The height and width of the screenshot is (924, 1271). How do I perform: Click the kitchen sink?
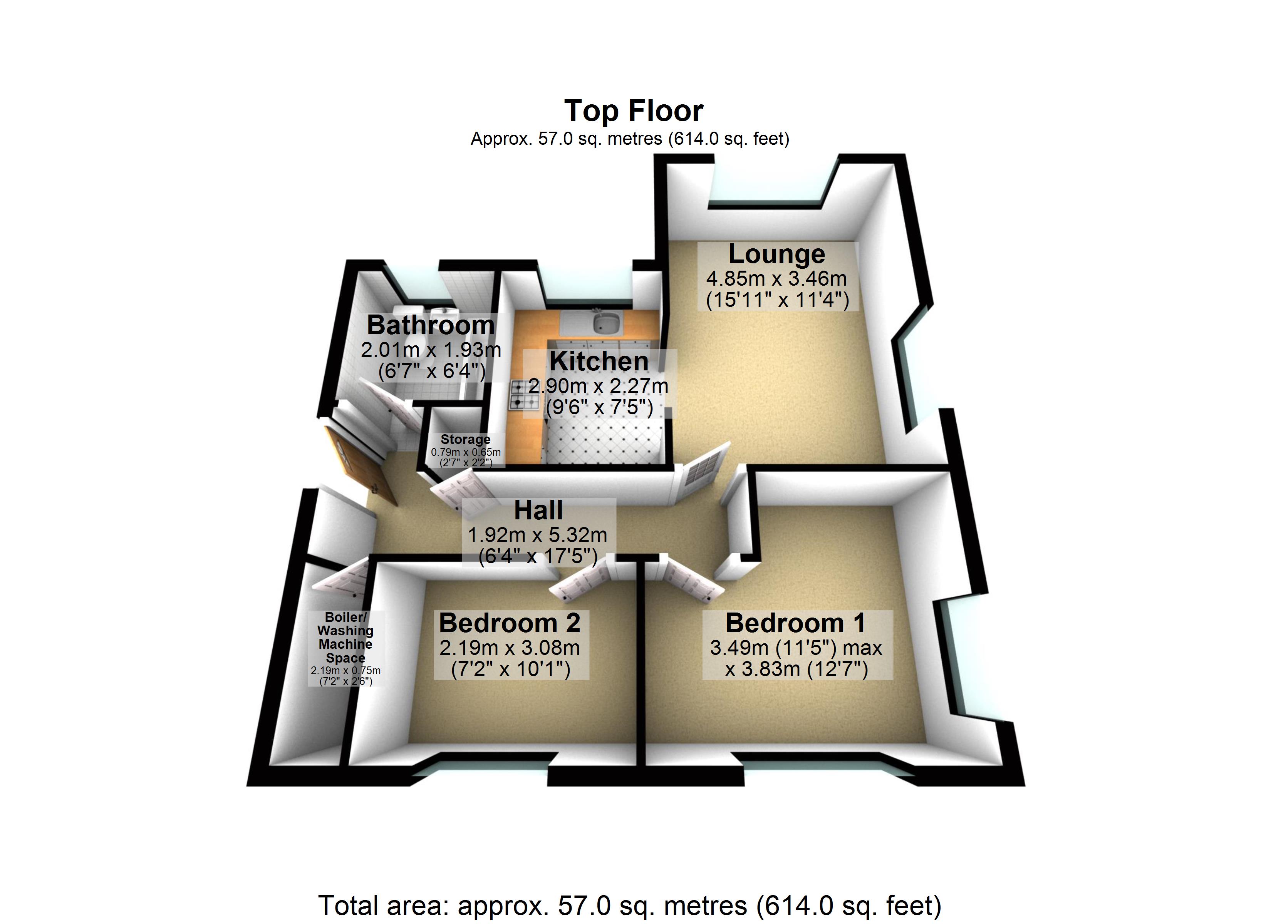(x=606, y=323)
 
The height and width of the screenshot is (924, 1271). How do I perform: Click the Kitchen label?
(x=599, y=362)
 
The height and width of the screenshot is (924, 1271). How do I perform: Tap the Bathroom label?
(x=430, y=325)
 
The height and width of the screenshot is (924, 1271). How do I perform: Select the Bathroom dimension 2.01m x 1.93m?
(x=430, y=350)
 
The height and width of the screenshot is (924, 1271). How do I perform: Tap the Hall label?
(x=538, y=511)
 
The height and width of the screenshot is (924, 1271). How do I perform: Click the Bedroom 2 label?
(x=510, y=623)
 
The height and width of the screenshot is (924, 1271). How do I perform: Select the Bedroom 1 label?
(x=795, y=623)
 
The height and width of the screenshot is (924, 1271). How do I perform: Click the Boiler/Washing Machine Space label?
(x=345, y=637)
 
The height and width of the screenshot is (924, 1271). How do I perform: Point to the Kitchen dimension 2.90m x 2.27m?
(x=598, y=386)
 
